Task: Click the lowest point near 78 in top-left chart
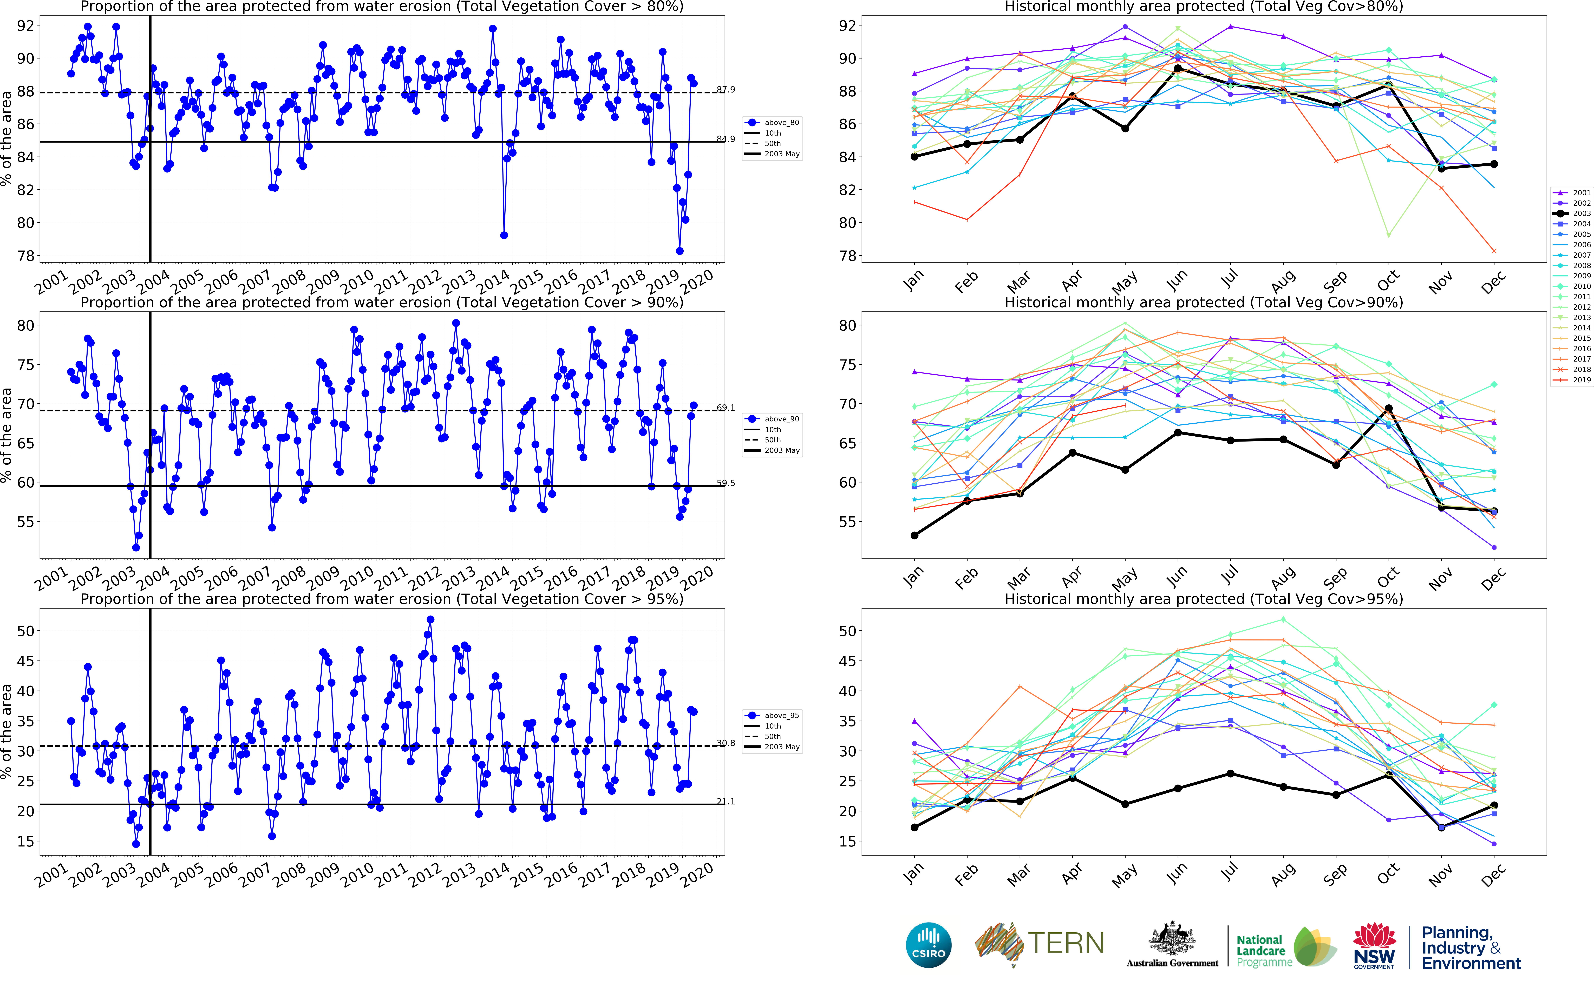point(680,251)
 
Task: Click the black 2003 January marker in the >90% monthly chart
point(914,535)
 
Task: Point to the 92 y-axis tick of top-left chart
point(25,26)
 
